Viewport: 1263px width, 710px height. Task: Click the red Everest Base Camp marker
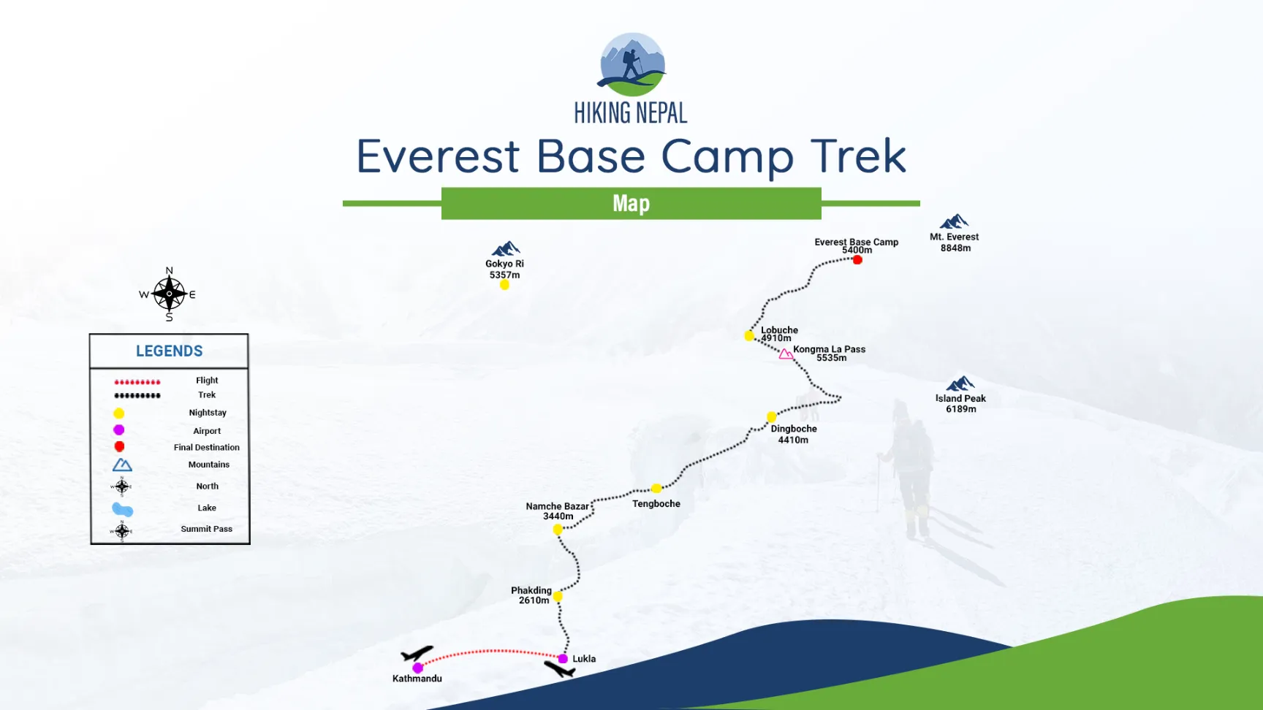(x=857, y=260)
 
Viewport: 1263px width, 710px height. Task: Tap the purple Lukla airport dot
(x=563, y=659)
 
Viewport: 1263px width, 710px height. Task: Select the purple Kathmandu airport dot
(x=417, y=668)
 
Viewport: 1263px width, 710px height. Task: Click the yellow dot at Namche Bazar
(x=558, y=530)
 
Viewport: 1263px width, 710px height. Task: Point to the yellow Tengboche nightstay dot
(x=656, y=488)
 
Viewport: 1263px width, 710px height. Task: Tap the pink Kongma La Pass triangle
(x=785, y=354)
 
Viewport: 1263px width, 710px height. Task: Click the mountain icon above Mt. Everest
(x=954, y=221)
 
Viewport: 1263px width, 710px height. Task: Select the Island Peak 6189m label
(x=960, y=403)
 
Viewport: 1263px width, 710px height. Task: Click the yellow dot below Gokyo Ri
(x=504, y=285)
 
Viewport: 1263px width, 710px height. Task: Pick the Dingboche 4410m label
(x=793, y=434)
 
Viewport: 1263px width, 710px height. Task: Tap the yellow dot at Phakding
(x=558, y=596)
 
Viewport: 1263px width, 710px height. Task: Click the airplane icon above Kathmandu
(x=417, y=653)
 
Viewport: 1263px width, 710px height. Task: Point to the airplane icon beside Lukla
(x=560, y=668)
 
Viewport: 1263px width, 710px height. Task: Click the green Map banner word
(x=631, y=203)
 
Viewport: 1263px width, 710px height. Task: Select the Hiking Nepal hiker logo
(x=631, y=64)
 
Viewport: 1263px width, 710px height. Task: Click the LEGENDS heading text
(x=169, y=351)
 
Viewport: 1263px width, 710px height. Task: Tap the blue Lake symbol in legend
(x=122, y=509)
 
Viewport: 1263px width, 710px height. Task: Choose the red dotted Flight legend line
(x=137, y=381)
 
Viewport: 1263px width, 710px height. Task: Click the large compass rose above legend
(x=169, y=294)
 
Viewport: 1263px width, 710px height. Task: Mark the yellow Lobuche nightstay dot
(x=749, y=336)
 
